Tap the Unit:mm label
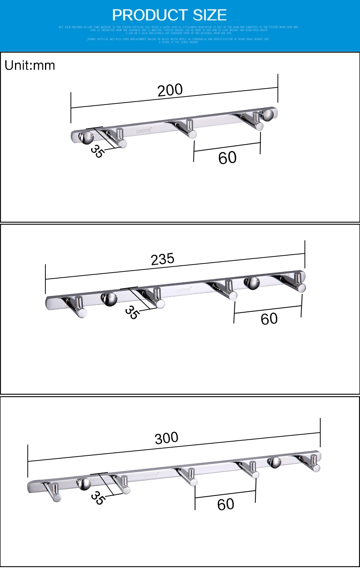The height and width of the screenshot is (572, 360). (x=30, y=66)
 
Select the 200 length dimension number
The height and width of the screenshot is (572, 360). (x=170, y=90)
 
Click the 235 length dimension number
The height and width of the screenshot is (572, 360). (x=162, y=259)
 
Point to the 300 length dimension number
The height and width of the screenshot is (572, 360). (x=166, y=438)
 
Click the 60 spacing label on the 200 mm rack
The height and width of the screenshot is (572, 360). (x=227, y=158)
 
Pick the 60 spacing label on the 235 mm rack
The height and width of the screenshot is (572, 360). (x=269, y=319)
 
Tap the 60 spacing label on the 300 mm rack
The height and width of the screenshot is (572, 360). (x=225, y=505)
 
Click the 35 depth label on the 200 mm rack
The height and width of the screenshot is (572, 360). (x=97, y=151)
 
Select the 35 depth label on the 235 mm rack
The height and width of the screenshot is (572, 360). (x=132, y=312)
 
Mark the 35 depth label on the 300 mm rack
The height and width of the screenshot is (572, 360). (x=97, y=498)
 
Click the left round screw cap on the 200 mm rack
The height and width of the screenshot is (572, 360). (x=86, y=138)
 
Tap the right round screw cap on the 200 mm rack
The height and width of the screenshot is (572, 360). (x=267, y=115)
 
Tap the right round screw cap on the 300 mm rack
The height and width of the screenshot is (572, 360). (x=274, y=462)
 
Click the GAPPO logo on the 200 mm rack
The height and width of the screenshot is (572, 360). (x=144, y=131)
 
